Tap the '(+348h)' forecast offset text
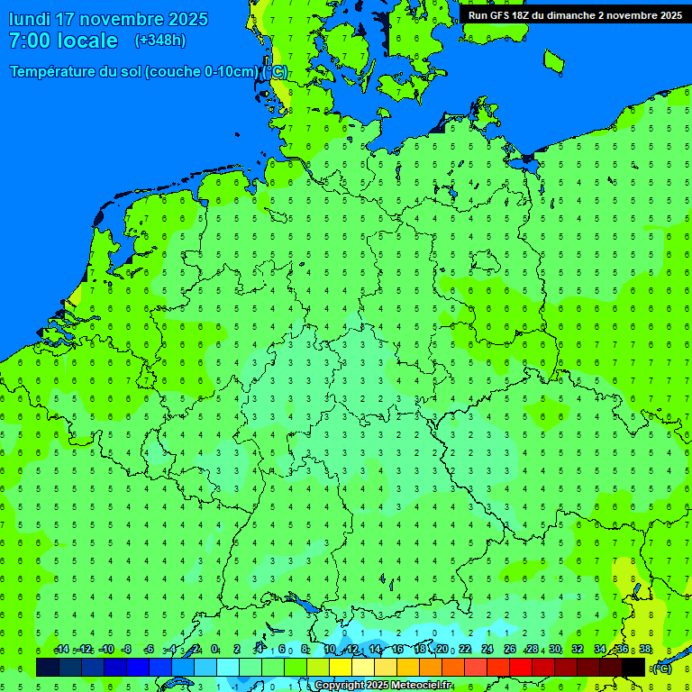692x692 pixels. tap(160, 41)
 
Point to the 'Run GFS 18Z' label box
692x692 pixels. tap(575, 14)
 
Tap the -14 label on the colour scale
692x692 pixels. tap(61, 650)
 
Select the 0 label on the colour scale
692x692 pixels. tap(214, 650)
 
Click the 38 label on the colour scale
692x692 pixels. tap(645, 650)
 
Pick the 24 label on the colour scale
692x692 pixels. tap(487, 650)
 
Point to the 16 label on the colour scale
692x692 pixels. tap(397, 650)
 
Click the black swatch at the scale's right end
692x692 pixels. tap(633, 667)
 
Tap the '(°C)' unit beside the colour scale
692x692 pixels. tap(662, 668)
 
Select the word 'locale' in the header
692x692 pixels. tap(87, 41)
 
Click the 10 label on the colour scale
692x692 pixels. tap(330, 650)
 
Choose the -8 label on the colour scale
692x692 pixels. tap(127, 650)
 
